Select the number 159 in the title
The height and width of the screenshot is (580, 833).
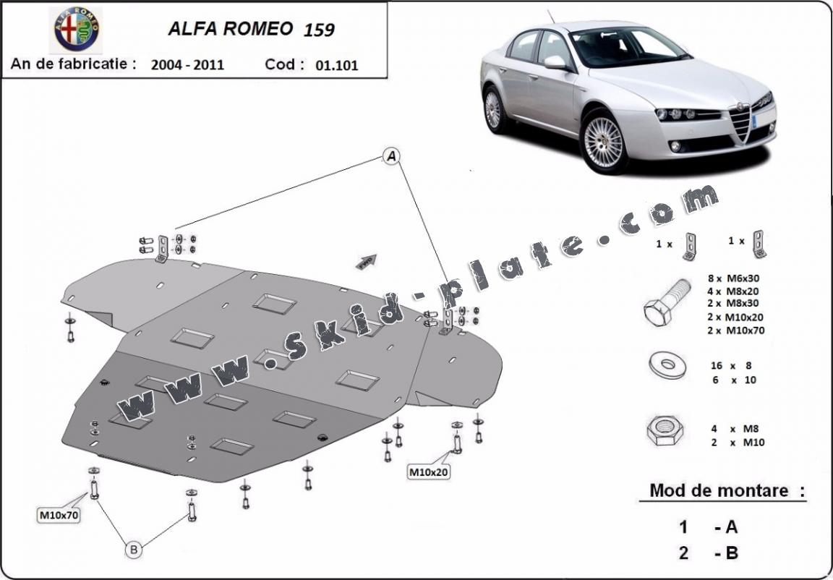click(319, 30)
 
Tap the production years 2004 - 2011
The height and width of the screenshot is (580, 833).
click(188, 64)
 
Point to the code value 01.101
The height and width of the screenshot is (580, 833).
click(337, 65)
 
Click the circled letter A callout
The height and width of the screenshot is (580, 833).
click(391, 156)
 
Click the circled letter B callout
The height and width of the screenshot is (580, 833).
click(134, 550)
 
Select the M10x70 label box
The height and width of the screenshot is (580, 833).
click(59, 515)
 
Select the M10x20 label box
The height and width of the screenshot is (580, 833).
click(430, 472)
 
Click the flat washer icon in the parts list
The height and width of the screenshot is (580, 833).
click(667, 366)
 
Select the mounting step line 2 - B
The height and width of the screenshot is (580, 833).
click(709, 553)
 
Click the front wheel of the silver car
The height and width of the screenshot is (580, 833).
click(604, 140)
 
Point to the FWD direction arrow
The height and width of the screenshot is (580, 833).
click(367, 260)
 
